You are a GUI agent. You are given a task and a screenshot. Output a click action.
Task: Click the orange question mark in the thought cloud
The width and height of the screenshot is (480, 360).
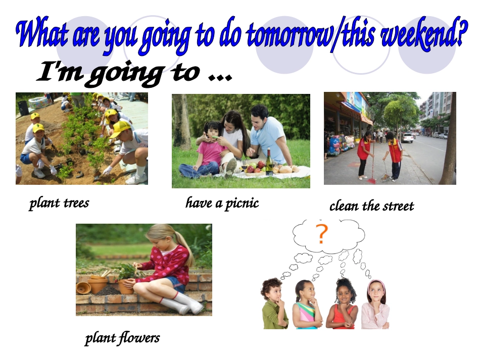pos(321,234)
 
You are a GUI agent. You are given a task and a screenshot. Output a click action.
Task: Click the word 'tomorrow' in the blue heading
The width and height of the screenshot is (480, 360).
pos(286,35)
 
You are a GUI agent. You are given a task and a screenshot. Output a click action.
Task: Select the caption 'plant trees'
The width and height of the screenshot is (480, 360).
pos(59,203)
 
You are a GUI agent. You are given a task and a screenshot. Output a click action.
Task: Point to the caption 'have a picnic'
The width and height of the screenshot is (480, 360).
pos(222,203)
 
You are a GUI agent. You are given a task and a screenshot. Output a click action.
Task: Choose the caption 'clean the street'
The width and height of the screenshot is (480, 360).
pos(371,206)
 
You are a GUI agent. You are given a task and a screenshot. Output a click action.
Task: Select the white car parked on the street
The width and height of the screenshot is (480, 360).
pos(407,137)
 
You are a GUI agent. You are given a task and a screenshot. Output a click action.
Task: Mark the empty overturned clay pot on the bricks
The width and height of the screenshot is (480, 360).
pos(83,288)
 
